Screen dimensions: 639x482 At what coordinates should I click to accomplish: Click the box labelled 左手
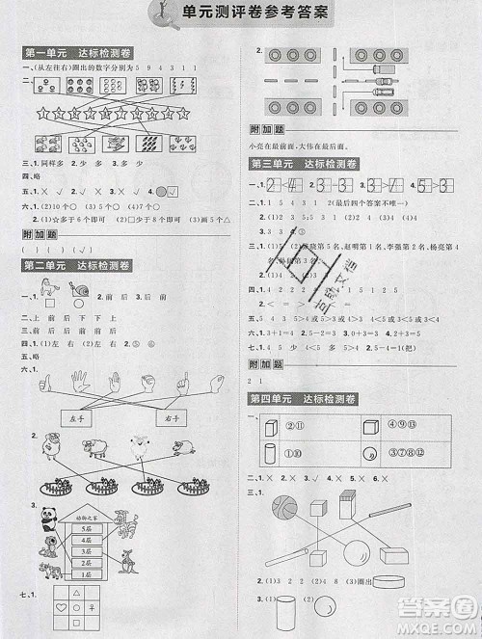pyautogui.click(x=77, y=417)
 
